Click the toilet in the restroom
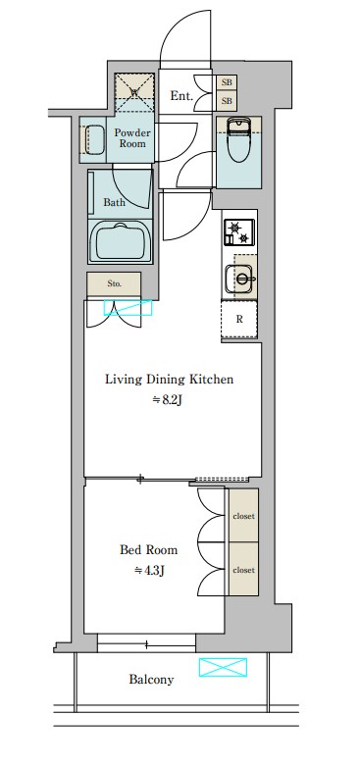(239, 140)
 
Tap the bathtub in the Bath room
(120, 242)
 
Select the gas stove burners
(239, 232)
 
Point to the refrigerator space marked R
(239, 319)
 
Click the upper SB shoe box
(227, 82)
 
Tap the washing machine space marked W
(134, 91)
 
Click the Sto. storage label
(115, 283)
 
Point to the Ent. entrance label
(181, 96)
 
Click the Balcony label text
(151, 680)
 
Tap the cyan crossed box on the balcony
(223, 667)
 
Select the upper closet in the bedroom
(243, 515)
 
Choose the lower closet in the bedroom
(243, 569)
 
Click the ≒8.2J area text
(168, 400)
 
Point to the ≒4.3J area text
(149, 570)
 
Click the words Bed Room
(148, 550)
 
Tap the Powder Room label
(132, 138)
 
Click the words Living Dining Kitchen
(169, 380)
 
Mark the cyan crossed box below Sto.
(128, 308)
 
